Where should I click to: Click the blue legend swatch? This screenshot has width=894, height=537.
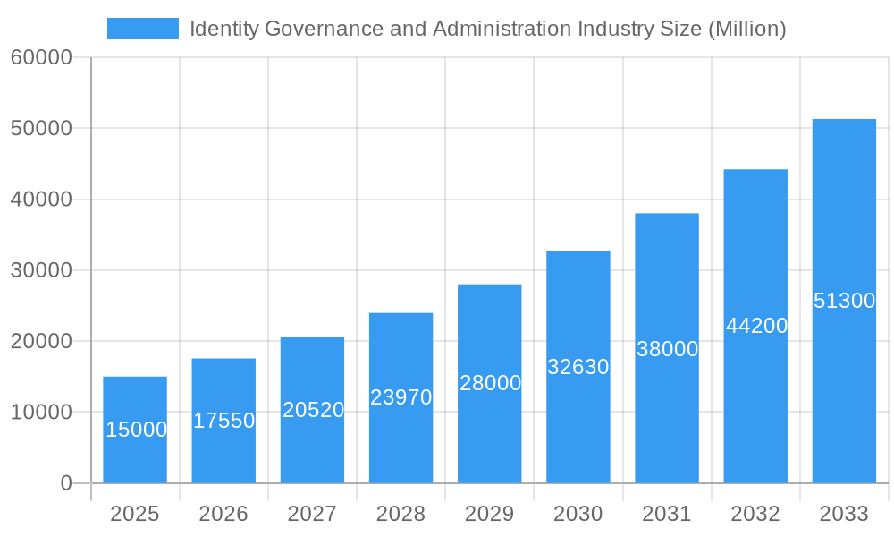pyautogui.click(x=142, y=29)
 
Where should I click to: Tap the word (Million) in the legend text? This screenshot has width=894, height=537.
pyautogui.click(x=746, y=29)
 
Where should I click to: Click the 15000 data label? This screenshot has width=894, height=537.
pyautogui.click(x=136, y=430)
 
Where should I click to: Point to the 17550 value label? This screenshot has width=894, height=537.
pyautogui.click(x=224, y=421)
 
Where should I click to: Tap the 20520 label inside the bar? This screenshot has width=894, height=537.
pyautogui.click(x=313, y=410)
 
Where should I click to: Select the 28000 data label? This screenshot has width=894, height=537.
pyautogui.click(x=490, y=383)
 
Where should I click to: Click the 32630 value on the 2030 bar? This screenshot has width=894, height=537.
pyautogui.click(x=578, y=367)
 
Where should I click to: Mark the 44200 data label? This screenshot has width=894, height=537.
pyautogui.click(x=756, y=326)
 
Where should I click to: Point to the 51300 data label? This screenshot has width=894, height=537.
pyautogui.click(x=844, y=301)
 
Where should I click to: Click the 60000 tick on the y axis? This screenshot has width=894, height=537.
pyautogui.click(x=41, y=57)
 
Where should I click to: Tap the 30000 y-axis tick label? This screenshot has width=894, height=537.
pyautogui.click(x=41, y=270)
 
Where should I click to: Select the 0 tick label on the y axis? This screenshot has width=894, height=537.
pyautogui.click(x=66, y=483)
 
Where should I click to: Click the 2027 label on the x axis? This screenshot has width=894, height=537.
pyautogui.click(x=312, y=514)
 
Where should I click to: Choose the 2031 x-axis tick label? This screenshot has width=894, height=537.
pyautogui.click(x=667, y=514)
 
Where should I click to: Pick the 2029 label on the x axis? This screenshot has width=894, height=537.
pyautogui.click(x=490, y=514)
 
